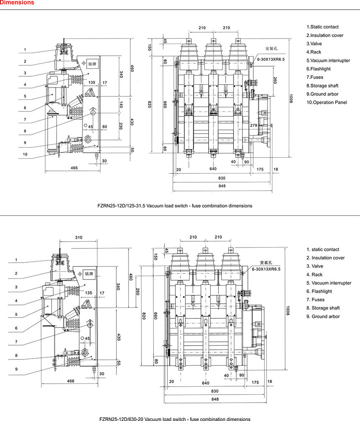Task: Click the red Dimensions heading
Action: tap(18, 3)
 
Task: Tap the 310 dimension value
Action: tap(79, 238)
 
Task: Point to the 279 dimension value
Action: tap(254, 125)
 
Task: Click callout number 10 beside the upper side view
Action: tap(26, 154)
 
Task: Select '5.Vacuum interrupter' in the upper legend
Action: tap(328, 60)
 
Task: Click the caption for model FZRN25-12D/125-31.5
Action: tap(175, 206)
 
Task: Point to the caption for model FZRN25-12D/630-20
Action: tap(175, 418)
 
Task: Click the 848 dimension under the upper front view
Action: tap(222, 186)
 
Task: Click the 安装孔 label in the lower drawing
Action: tap(266, 263)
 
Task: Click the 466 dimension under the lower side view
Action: tap(71, 381)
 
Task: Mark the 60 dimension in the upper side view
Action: tap(105, 127)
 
